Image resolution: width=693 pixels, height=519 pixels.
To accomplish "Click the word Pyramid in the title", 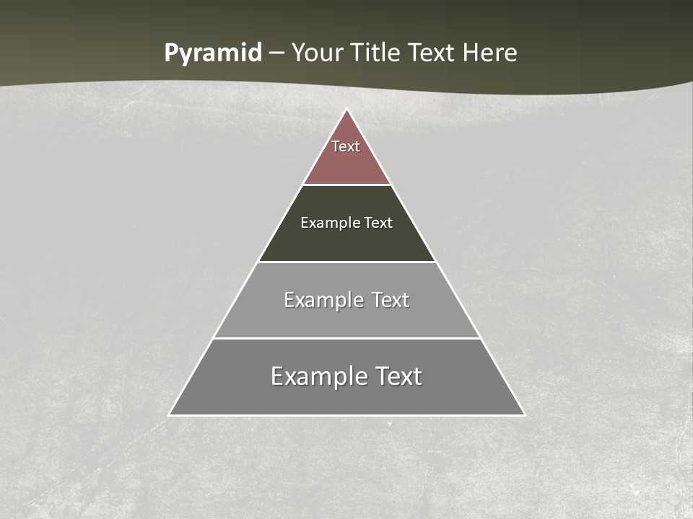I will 213,53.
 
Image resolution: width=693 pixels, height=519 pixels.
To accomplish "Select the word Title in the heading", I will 375,53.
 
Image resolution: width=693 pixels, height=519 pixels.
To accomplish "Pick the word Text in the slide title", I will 432,53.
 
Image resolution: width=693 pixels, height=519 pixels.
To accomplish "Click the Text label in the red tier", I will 346,146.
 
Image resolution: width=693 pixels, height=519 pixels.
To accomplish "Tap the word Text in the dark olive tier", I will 378,223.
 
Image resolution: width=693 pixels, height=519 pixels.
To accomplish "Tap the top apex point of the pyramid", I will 347,110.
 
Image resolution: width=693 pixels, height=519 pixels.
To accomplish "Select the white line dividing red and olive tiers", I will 347,185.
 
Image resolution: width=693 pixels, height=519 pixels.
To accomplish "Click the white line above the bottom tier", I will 347,338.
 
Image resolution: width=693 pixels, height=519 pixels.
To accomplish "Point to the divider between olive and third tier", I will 347,262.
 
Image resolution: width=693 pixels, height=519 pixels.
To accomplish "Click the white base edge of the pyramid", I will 347,415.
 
